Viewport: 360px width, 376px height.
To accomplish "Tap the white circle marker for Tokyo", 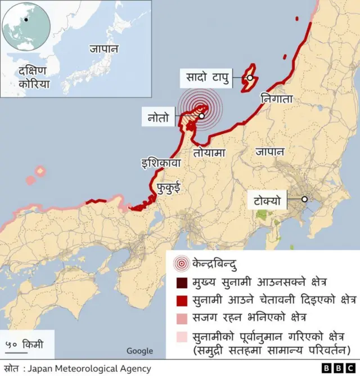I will pyautogui.click(x=304, y=199).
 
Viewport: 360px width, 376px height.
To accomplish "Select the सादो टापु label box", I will pyautogui.click(x=205, y=78).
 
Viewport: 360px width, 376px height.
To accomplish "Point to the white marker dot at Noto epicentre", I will pyautogui.click(x=201, y=116).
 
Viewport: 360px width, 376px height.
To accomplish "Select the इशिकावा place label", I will pyautogui.click(x=160, y=164).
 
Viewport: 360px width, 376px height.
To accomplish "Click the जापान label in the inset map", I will pyautogui.click(x=103, y=48).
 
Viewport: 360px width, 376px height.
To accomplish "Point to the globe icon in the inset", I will pyautogui.click(x=26, y=26).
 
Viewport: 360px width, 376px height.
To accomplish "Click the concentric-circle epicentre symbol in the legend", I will pyautogui.click(x=181, y=262).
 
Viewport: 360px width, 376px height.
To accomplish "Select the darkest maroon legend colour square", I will pyautogui.click(x=181, y=282).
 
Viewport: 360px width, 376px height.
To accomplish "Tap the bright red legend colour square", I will pyautogui.click(x=181, y=300).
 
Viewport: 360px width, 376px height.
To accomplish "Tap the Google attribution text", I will pyautogui.click(x=139, y=351).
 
